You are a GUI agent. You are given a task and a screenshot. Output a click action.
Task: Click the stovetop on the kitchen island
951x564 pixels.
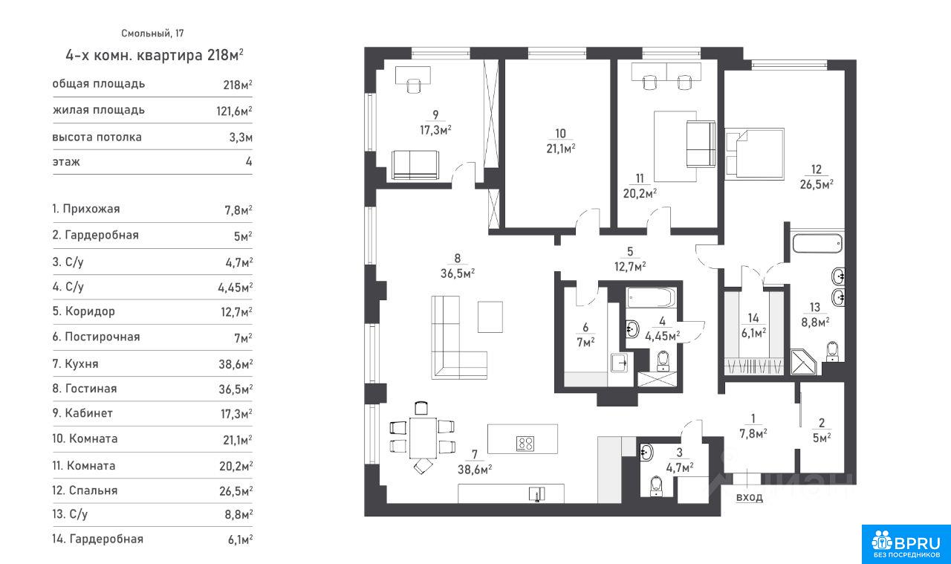[525, 444]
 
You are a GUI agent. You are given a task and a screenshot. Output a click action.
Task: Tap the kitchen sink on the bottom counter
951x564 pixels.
[537, 494]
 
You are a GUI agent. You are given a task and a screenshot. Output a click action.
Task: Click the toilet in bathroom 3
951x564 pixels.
[657, 486]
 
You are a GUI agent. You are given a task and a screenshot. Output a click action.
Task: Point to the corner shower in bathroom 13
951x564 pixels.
[803, 362]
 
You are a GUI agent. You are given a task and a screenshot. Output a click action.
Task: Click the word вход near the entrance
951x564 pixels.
[750, 497]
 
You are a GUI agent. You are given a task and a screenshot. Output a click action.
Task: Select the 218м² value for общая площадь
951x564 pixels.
[238, 85]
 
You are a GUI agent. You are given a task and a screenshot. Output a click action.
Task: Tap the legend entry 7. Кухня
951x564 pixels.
[76, 364]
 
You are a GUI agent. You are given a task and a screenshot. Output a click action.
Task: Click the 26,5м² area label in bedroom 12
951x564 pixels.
[817, 184]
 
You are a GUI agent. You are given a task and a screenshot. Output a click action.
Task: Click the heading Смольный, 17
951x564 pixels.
[152, 33]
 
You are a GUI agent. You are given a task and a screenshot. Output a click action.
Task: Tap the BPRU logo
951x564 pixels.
[906, 544]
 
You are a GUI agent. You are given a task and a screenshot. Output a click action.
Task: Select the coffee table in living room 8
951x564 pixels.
[490, 317]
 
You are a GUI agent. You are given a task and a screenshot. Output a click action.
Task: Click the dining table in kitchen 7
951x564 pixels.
[423, 438]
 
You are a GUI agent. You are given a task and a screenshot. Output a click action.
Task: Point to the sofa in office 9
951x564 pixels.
[415, 165]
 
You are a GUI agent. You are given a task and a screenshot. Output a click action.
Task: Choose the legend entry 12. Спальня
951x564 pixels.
[85, 490]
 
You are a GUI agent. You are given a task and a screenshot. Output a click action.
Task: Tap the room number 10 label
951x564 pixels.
[560, 133]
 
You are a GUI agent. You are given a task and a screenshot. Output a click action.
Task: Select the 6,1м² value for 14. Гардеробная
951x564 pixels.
[240, 539]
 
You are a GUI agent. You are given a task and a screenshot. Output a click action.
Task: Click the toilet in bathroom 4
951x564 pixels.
[663, 361]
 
